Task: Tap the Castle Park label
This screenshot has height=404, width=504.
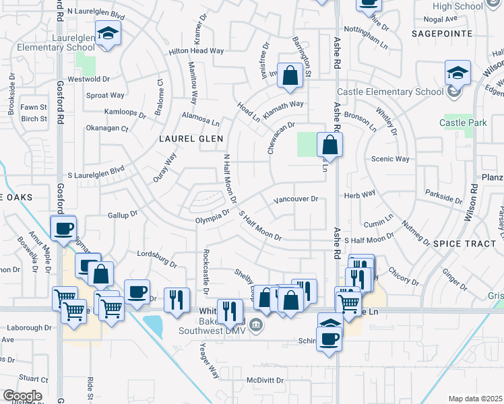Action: pyautogui.click(x=463, y=123)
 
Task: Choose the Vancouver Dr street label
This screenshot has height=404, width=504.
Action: pyautogui.click(x=295, y=200)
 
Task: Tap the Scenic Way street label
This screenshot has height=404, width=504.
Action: pyautogui.click(x=390, y=159)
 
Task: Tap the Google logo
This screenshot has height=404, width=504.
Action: pyautogui.click(x=22, y=396)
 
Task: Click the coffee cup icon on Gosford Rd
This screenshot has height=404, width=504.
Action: pyautogui.click(x=64, y=228)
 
